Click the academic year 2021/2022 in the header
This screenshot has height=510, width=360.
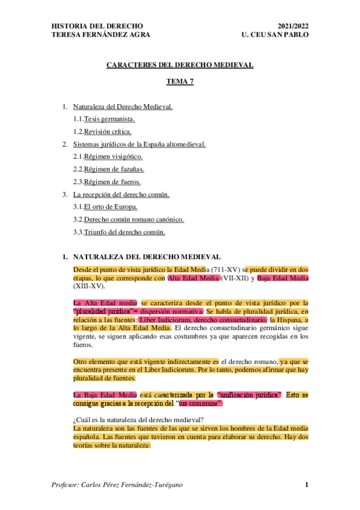click(293, 26)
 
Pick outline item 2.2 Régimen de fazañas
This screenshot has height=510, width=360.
click(109, 169)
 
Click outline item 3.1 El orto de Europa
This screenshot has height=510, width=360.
click(105, 207)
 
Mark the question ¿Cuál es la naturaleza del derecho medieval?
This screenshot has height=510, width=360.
click(134, 420)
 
